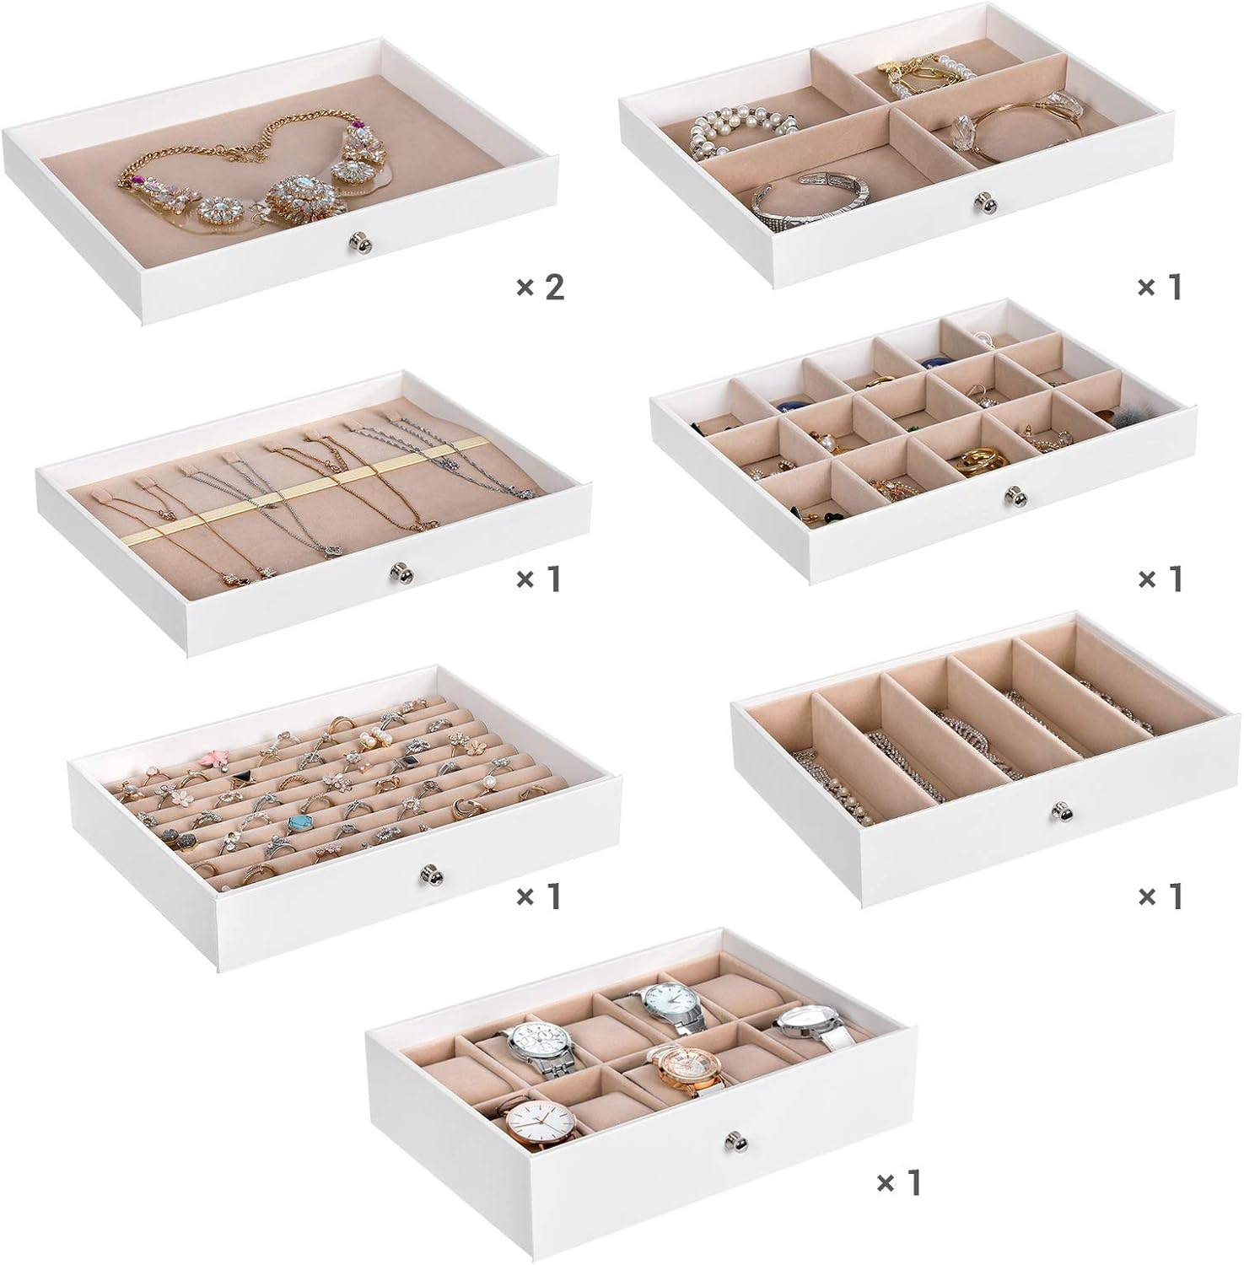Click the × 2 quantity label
(540, 288)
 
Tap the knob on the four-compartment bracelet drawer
(983, 202)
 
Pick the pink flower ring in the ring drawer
(213, 761)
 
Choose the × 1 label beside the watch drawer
(899, 1183)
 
